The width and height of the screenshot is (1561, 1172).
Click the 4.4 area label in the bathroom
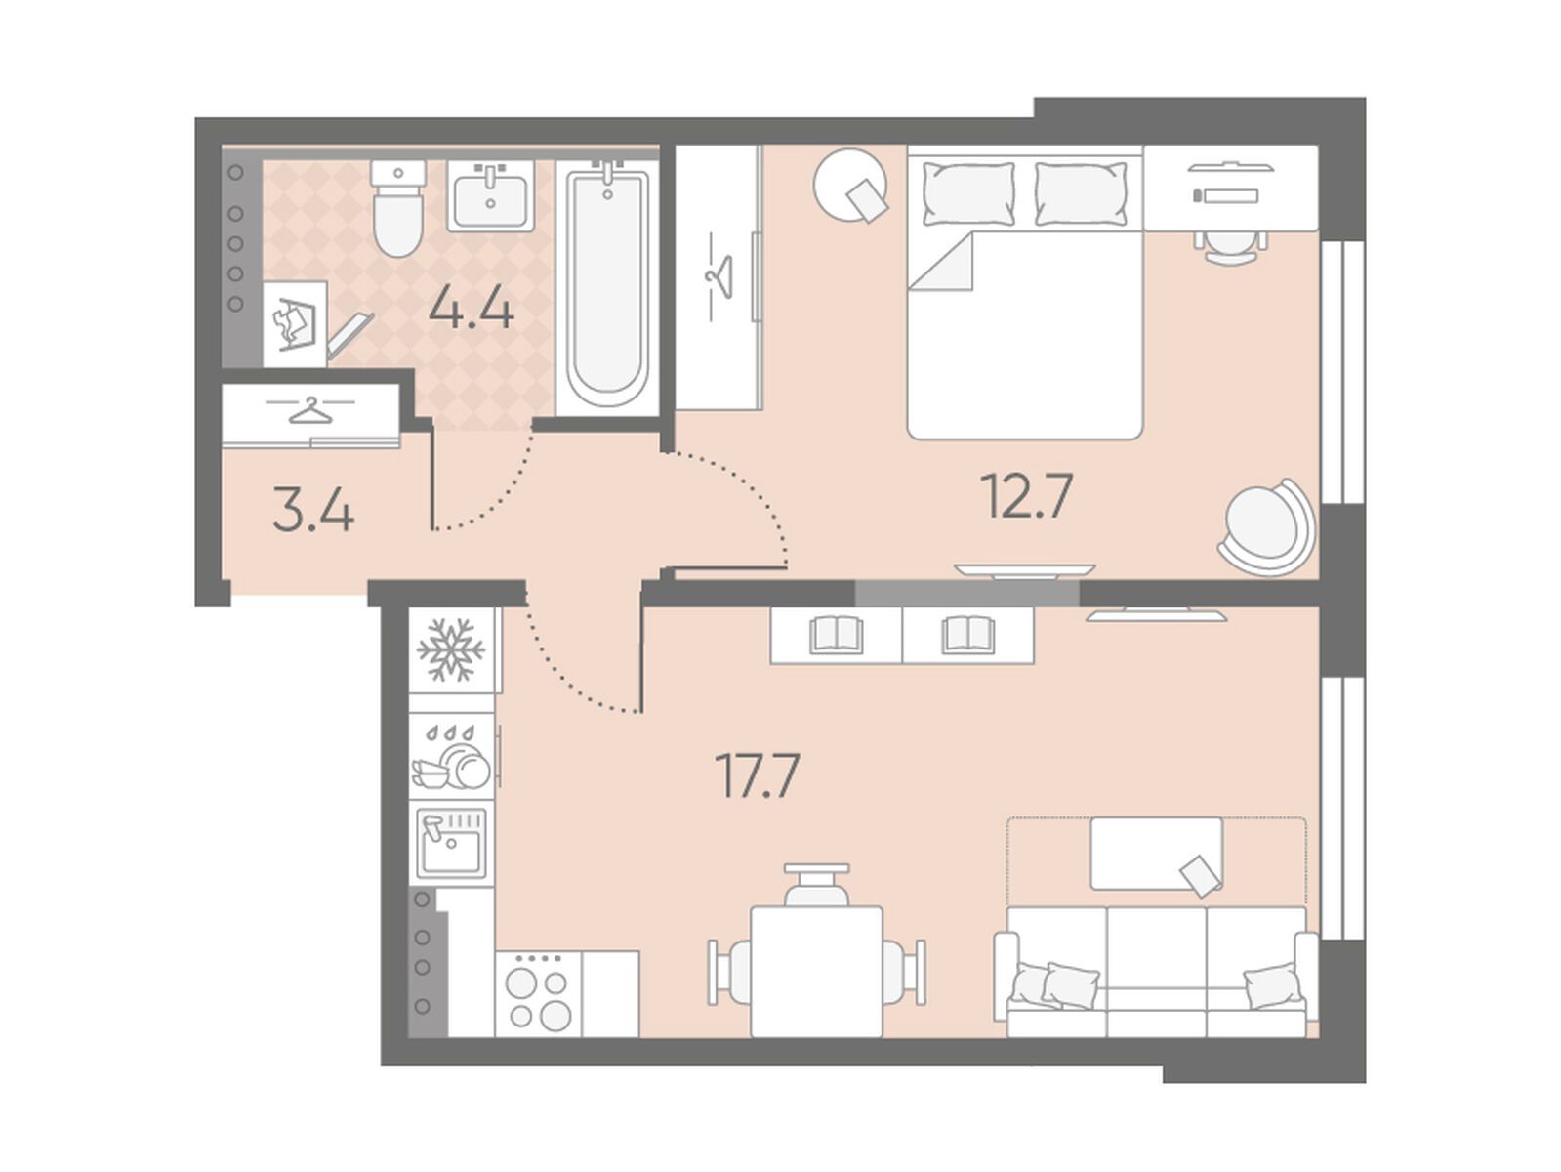point(471,311)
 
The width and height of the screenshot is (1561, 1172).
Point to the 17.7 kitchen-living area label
point(758,775)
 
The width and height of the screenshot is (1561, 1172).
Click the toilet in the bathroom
point(399,207)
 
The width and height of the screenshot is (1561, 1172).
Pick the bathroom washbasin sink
point(491,195)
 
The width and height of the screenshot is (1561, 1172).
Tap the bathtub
point(606,287)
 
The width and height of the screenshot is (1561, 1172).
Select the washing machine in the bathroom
point(295,323)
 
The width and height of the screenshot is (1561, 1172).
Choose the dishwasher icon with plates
point(451,757)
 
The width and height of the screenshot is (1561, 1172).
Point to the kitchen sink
point(451,842)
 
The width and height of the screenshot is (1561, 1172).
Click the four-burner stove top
point(538,993)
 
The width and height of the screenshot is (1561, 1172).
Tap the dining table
point(816,971)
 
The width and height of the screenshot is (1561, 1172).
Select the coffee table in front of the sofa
point(1156,854)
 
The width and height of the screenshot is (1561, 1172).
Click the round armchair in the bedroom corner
point(1268,526)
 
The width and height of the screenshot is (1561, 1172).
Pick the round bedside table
point(850,185)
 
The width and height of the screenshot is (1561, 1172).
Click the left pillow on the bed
point(968,193)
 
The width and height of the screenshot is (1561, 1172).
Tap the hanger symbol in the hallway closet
point(310,410)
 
